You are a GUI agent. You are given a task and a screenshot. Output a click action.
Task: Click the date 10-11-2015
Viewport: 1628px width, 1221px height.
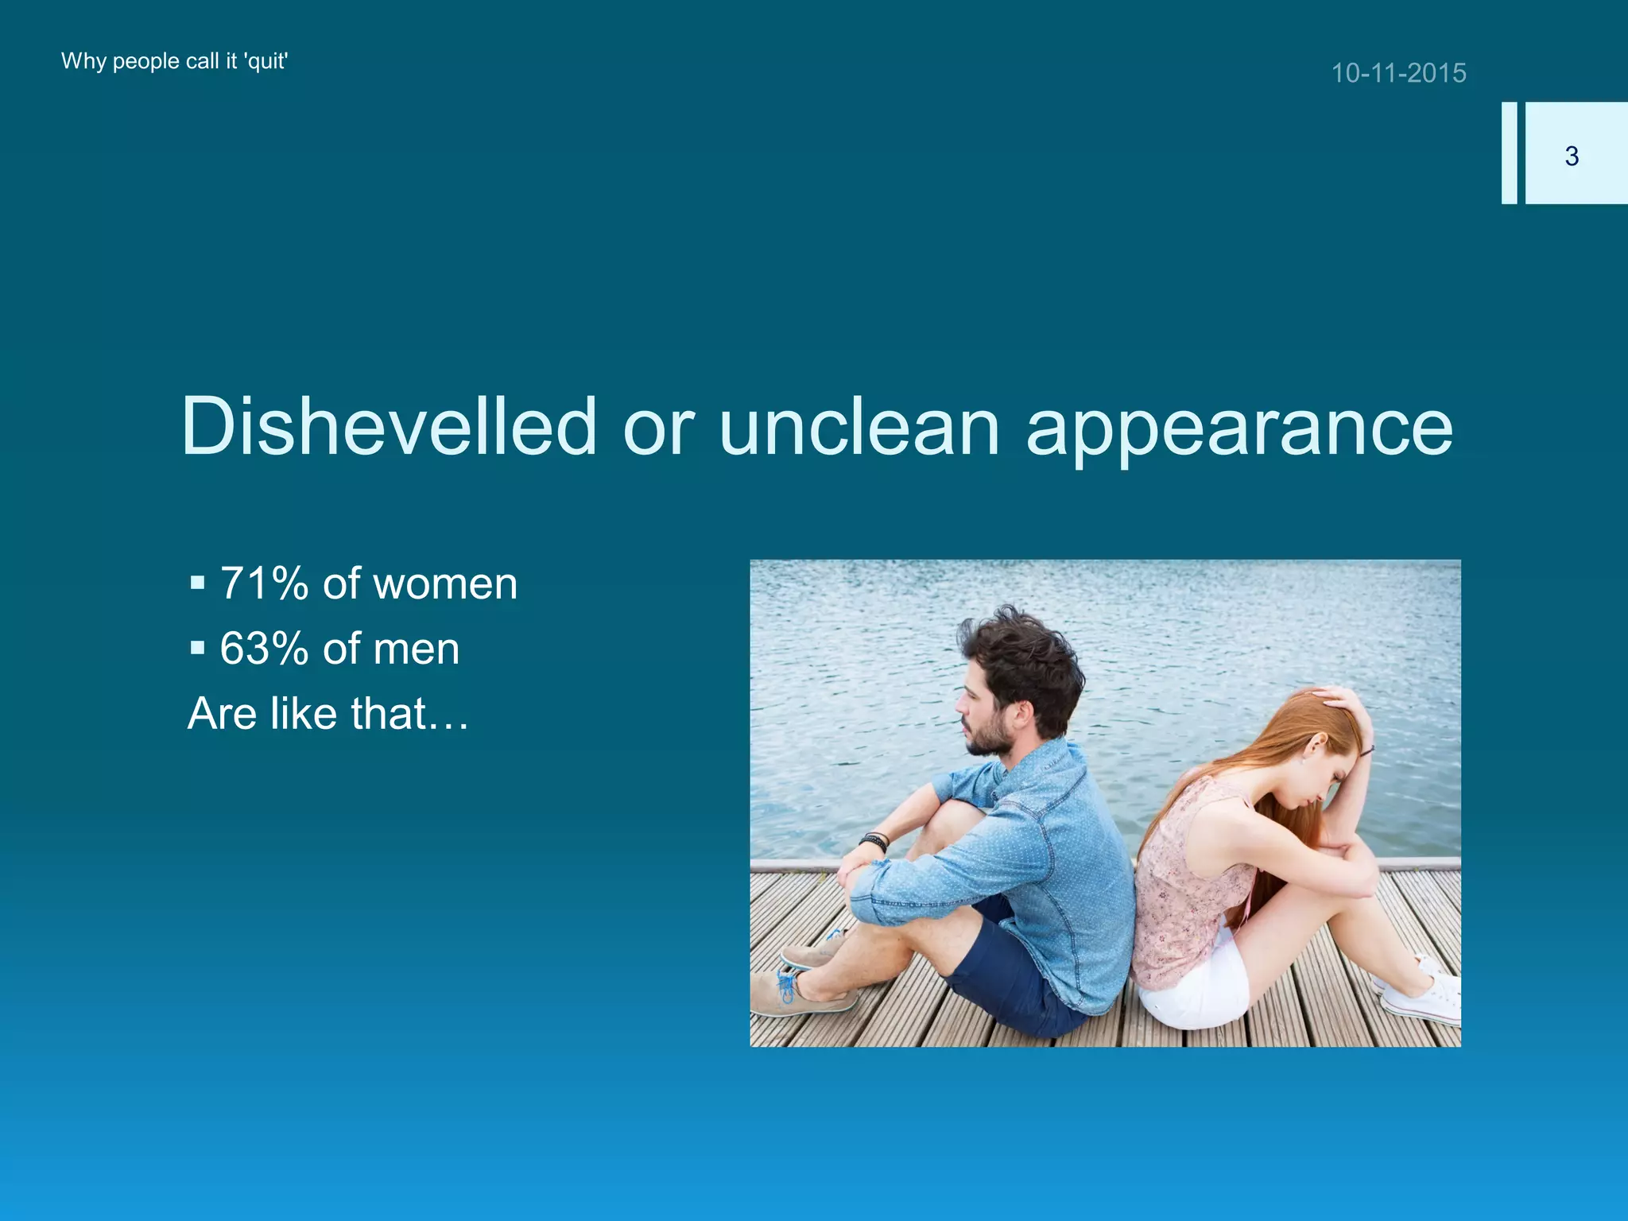1398,73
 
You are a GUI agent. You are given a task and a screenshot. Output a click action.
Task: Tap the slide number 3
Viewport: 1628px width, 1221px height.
1571,156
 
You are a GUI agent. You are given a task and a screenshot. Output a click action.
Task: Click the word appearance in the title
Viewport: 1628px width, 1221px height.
1239,429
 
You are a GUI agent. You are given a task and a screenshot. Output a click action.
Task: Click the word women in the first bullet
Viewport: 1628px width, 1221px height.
445,585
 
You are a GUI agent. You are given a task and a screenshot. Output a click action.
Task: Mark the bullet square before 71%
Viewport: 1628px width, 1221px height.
198,585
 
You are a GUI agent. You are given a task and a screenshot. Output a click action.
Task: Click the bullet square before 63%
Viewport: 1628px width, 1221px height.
198,649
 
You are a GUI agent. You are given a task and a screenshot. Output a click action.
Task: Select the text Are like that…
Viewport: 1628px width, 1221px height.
328,713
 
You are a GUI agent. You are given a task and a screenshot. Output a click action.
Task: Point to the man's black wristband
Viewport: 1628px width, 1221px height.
874,841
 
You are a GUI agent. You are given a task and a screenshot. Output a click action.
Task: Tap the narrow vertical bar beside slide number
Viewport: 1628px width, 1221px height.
1509,153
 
